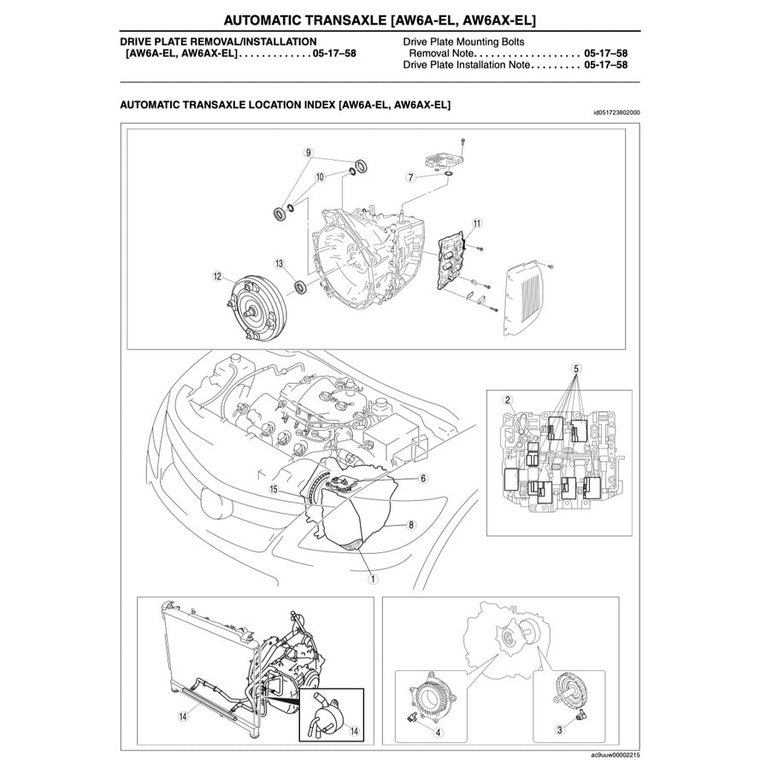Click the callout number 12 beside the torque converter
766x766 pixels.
pyautogui.click(x=217, y=276)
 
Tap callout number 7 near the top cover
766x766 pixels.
pyautogui.click(x=410, y=178)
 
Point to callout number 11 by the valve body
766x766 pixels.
pyautogui.click(x=476, y=223)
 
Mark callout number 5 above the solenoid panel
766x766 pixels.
pyautogui.click(x=576, y=368)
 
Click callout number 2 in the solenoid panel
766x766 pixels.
pyautogui.click(x=507, y=400)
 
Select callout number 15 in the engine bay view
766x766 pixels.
pyautogui.click(x=274, y=490)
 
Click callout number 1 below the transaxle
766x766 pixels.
pyautogui.click(x=372, y=578)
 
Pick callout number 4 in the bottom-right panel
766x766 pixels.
pyautogui.click(x=438, y=732)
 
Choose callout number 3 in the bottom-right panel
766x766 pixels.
pyautogui.click(x=559, y=730)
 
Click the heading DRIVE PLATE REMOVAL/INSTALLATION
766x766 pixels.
pyautogui.click(x=218, y=41)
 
